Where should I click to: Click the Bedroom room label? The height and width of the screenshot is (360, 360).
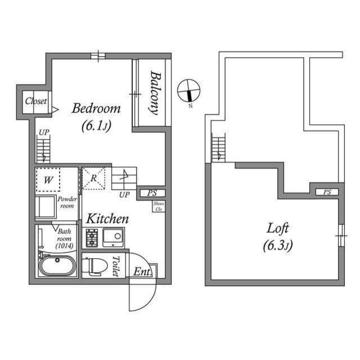(x=96, y=109)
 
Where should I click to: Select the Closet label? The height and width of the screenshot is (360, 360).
(x=35, y=102)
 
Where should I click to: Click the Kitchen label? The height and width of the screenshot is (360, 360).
(x=107, y=218)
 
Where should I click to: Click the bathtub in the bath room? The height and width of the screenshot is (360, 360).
(x=57, y=265)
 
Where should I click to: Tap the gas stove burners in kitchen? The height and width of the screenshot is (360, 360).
(x=92, y=238)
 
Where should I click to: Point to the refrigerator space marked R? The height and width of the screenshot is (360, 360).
(x=94, y=179)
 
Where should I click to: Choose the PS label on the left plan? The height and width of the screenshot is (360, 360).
(x=152, y=193)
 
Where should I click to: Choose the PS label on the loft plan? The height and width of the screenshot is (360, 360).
(x=327, y=192)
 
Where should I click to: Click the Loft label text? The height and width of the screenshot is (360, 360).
(x=278, y=228)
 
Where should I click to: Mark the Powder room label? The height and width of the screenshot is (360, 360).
(x=67, y=202)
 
